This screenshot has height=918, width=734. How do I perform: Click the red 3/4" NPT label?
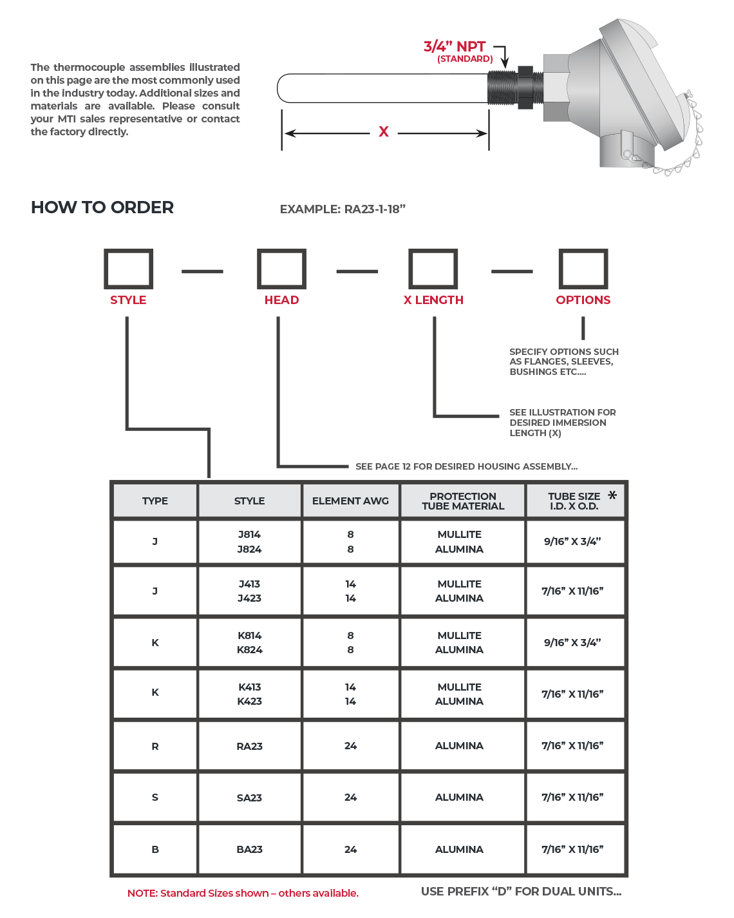coord(455,46)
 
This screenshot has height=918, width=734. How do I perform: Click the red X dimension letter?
coord(384,132)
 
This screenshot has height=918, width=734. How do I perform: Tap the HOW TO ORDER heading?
coord(102,207)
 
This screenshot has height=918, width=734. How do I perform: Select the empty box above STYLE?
coord(128,269)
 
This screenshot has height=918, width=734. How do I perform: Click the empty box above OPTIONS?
coord(583,269)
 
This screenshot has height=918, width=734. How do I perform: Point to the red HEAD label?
coord(281,300)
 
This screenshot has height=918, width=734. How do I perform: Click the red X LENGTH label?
coord(433,300)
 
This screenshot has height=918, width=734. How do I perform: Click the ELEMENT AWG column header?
coord(350,501)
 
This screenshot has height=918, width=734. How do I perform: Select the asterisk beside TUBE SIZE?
coord(612,495)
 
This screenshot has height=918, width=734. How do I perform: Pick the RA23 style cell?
coord(249,746)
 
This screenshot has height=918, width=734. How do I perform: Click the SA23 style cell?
coord(249,798)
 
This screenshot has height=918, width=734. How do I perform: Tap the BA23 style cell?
coord(249,849)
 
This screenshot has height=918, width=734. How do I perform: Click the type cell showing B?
coord(155,849)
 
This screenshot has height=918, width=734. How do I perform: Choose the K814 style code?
coord(249,635)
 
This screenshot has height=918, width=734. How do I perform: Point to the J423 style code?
coord(249,598)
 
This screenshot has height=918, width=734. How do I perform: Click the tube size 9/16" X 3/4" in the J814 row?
coord(572,541)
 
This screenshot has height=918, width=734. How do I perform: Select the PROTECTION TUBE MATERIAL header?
coord(463,501)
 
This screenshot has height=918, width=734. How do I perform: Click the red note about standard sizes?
coord(243,893)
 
